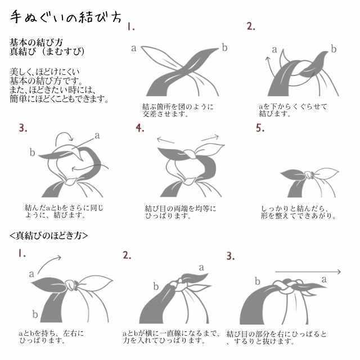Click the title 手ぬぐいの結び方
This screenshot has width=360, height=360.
(x=66, y=17)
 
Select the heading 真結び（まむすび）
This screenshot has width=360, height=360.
(x=47, y=52)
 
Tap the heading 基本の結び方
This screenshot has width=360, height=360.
(x=36, y=42)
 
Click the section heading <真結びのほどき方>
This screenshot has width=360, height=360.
(x=49, y=234)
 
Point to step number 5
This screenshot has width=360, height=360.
(x=260, y=128)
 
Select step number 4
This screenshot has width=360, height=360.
(x=140, y=128)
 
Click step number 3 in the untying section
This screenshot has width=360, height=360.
(x=230, y=256)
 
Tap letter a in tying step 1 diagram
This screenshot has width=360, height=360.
(x=134, y=48)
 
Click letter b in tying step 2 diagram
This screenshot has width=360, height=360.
(x=334, y=49)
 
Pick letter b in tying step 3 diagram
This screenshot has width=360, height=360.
(x=32, y=152)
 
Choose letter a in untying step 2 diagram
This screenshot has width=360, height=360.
(x=201, y=267)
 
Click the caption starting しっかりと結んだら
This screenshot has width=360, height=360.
(x=299, y=212)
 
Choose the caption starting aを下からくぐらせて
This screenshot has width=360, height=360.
(x=292, y=109)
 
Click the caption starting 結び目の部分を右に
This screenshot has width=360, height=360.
(x=276, y=337)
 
